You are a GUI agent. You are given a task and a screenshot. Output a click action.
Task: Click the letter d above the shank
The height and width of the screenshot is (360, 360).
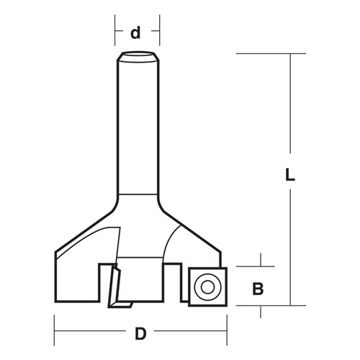point(135,33)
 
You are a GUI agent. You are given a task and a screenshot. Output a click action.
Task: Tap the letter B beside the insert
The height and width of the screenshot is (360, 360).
point(257,289)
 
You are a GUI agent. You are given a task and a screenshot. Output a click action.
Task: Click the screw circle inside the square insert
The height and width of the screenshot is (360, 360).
point(207,287)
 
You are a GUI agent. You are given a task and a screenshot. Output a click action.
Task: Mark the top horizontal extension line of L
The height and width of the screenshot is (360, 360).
point(266,53)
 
